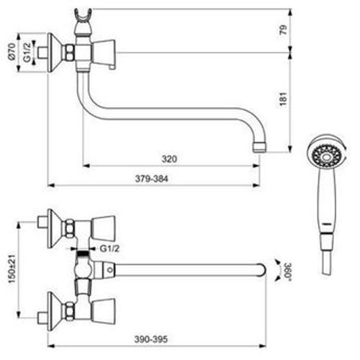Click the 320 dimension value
169,159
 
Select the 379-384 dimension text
151,179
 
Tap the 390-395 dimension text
150,339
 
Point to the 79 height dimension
283,30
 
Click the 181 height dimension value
283,99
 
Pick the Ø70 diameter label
12,51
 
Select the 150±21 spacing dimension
12,269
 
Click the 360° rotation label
288,270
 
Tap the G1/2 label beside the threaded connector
109,248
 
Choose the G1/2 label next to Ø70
27,52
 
